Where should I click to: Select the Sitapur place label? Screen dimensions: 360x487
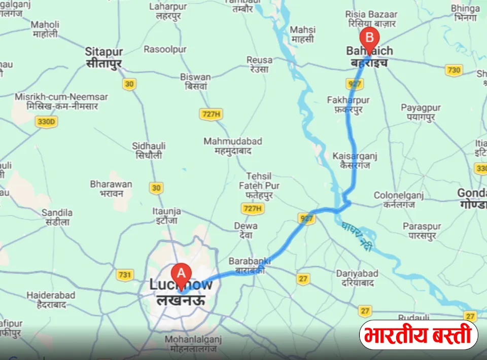click(103, 56)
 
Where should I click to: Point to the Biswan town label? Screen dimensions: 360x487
click(195, 82)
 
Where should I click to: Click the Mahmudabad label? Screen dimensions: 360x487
click(233, 146)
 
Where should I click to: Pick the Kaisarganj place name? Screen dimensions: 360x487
click(355, 160)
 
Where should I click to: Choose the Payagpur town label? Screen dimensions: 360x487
click(421, 112)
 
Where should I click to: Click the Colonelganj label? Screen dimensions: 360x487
click(394, 200)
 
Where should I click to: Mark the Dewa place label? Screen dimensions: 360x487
click(246, 230)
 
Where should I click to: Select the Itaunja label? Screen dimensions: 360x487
click(166, 215)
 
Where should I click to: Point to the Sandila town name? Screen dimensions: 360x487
click(57, 217)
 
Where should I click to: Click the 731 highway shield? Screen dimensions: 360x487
click(124, 275)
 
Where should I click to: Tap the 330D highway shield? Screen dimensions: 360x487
click(47, 122)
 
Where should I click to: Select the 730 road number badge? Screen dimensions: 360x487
click(453, 70)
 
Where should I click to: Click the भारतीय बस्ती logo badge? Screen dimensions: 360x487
click(419, 335)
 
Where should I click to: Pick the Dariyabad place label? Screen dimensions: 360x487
click(358, 278)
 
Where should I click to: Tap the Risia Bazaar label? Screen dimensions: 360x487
click(371, 19)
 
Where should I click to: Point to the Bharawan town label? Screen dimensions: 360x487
click(111, 189)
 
